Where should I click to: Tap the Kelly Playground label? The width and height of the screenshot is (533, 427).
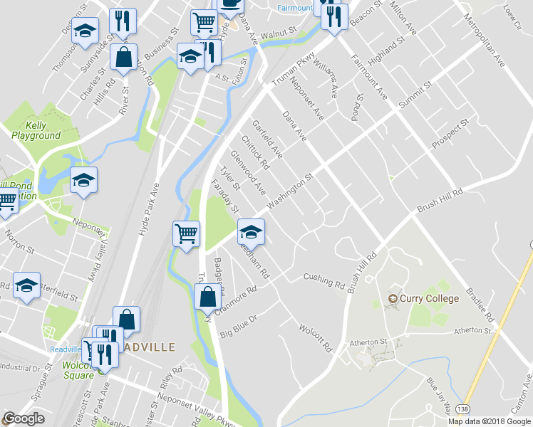(x=36, y=130)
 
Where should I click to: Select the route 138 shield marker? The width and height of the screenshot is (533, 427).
(x=464, y=409)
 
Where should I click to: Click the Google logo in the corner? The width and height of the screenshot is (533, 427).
(x=24, y=418)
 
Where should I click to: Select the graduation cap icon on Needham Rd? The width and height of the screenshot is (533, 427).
(x=250, y=232)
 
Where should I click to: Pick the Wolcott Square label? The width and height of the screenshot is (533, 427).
(x=78, y=371)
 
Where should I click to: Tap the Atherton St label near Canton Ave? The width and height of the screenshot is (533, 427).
(x=473, y=330)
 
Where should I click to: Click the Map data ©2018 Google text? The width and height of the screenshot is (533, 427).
(x=489, y=421)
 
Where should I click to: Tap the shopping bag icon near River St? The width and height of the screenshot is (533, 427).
(x=124, y=59)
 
